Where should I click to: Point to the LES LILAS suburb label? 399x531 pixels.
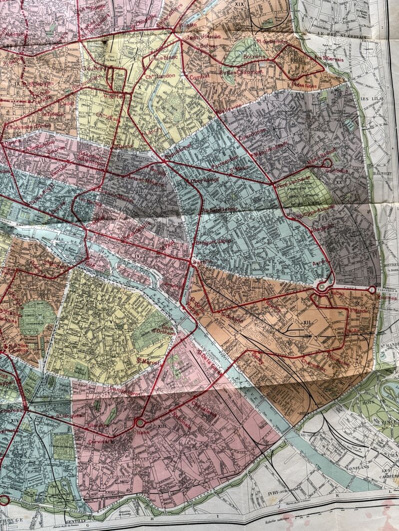(372, 99)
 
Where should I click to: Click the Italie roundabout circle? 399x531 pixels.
(140, 423)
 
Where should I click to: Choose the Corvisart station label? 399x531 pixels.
(101, 441)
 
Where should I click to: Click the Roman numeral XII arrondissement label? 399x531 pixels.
(307, 323)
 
